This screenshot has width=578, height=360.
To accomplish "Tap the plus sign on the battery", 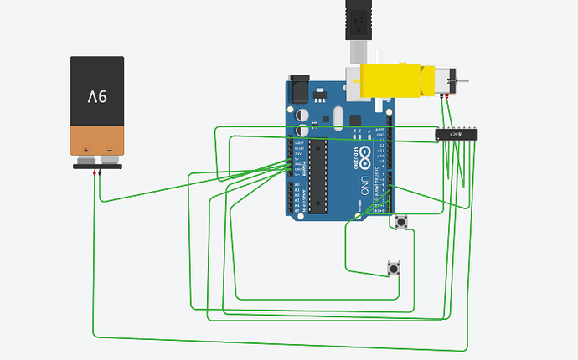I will coord(86,151).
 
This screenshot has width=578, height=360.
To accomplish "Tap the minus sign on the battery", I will coord(109,151).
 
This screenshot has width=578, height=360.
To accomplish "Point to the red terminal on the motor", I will coord(449,98).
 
